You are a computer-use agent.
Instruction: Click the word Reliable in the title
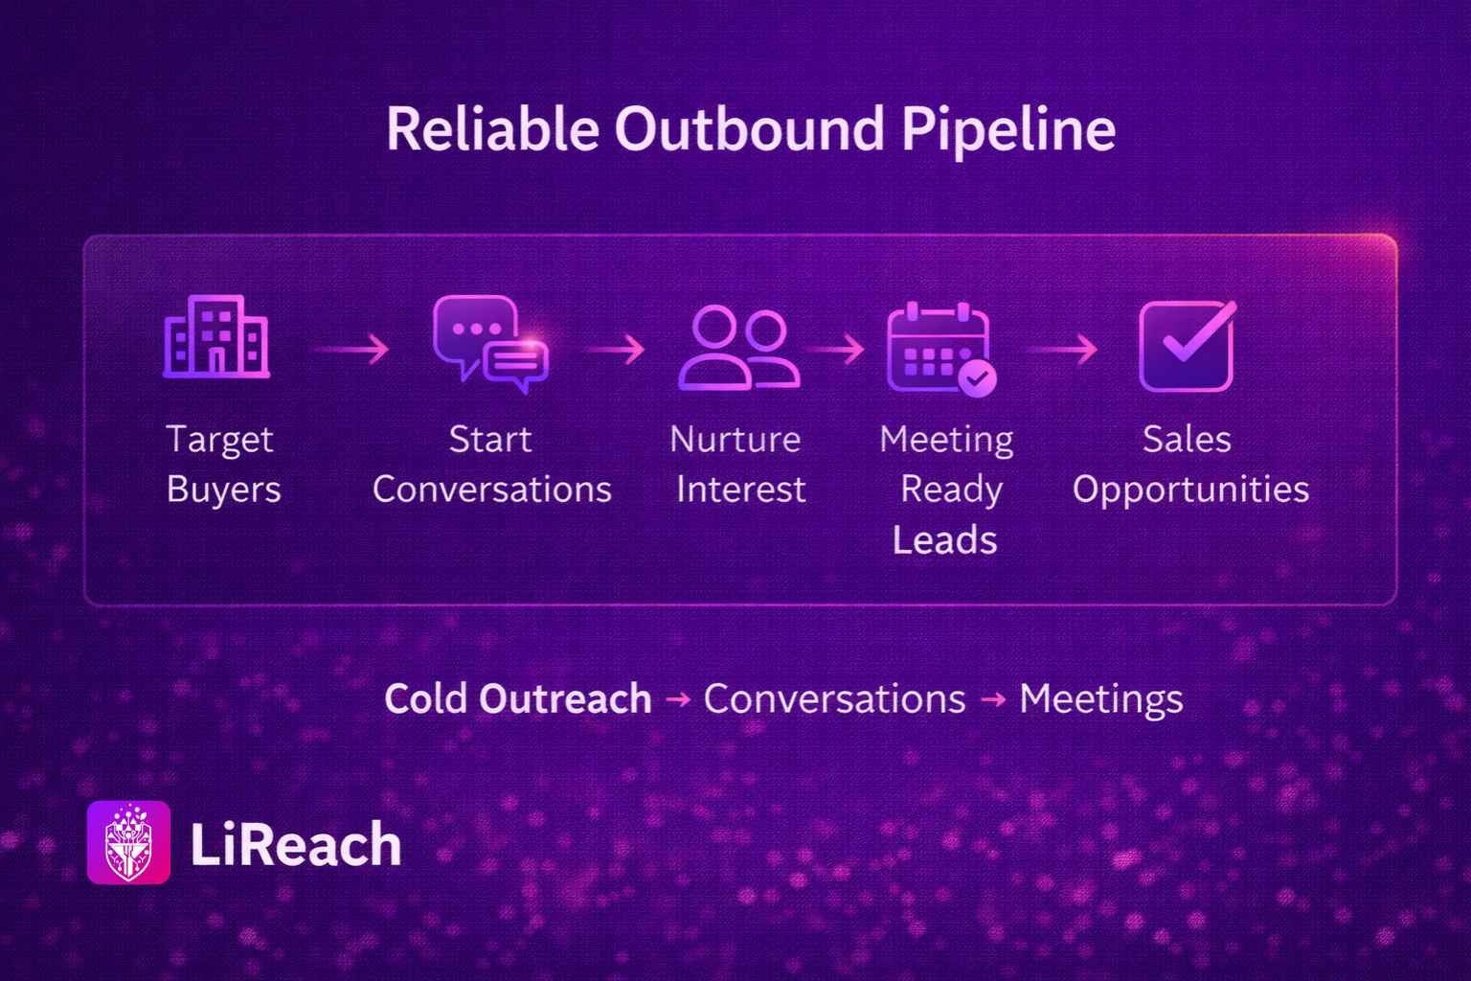coord(492,128)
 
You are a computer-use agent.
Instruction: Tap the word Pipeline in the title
coord(1008,130)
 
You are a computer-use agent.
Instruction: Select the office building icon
coord(216,337)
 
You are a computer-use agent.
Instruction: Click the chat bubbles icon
coord(490,344)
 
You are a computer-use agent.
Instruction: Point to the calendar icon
coord(940,349)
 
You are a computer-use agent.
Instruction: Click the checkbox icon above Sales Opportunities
coord(1188,346)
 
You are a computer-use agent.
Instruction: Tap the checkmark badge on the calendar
coord(977,377)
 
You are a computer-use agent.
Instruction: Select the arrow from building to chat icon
coord(352,349)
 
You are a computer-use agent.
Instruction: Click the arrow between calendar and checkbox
coord(1061,349)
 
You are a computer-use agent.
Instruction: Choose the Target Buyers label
coord(222,465)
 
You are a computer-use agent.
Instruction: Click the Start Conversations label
coord(492,465)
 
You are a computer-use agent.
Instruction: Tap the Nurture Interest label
coord(737,465)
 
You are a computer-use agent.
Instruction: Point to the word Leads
coord(945,540)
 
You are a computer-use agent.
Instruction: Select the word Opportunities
coord(1190,490)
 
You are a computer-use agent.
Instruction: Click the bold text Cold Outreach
coord(517,697)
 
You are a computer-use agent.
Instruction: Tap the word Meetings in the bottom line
coord(1100,699)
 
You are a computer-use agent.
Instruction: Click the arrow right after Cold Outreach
coord(678,699)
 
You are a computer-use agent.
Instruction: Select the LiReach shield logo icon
coord(128,842)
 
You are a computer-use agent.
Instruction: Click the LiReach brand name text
coord(296,844)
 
